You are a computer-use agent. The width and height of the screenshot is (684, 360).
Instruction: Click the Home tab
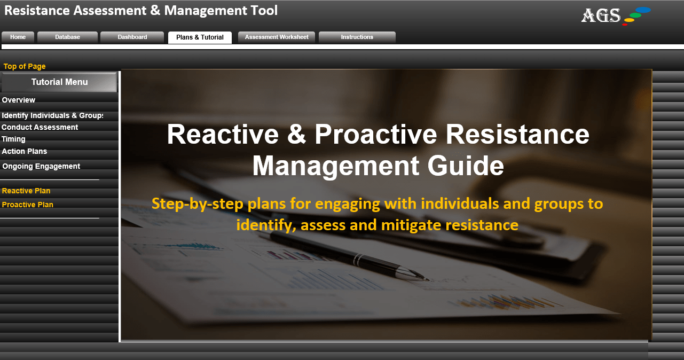tap(18, 37)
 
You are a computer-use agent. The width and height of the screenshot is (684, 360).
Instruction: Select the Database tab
tap(67, 37)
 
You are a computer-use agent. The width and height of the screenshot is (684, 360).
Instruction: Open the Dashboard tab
tap(132, 37)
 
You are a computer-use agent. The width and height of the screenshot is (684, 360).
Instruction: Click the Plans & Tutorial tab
tap(200, 37)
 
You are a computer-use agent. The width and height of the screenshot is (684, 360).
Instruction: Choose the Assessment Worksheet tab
tap(277, 37)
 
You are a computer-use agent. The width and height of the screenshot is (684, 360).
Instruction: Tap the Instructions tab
tap(357, 37)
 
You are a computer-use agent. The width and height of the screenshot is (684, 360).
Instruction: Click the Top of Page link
tap(25, 66)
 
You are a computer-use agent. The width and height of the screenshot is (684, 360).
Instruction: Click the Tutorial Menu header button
tap(59, 82)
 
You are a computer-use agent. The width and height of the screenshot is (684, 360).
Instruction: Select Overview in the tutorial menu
tap(18, 100)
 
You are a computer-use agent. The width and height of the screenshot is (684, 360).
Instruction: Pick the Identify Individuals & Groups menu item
tap(52, 115)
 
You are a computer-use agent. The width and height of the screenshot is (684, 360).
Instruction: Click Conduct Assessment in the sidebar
tap(40, 127)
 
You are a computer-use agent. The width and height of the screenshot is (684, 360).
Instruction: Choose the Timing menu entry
tap(13, 139)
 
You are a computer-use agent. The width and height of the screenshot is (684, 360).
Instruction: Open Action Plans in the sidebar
tap(25, 151)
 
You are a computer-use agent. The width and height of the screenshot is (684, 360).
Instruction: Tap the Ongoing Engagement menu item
tap(41, 166)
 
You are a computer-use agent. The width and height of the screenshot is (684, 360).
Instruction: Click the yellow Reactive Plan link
tap(26, 191)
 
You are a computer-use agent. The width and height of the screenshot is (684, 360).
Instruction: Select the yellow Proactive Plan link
tap(27, 205)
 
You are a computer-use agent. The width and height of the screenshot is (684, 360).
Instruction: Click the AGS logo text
tap(601, 15)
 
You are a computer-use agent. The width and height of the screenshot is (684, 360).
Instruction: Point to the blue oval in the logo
tap(643, 10)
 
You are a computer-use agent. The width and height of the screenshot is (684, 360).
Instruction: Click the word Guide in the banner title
tap(466, 166)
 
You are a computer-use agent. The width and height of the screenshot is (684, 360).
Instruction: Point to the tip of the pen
tap(428, 279)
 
